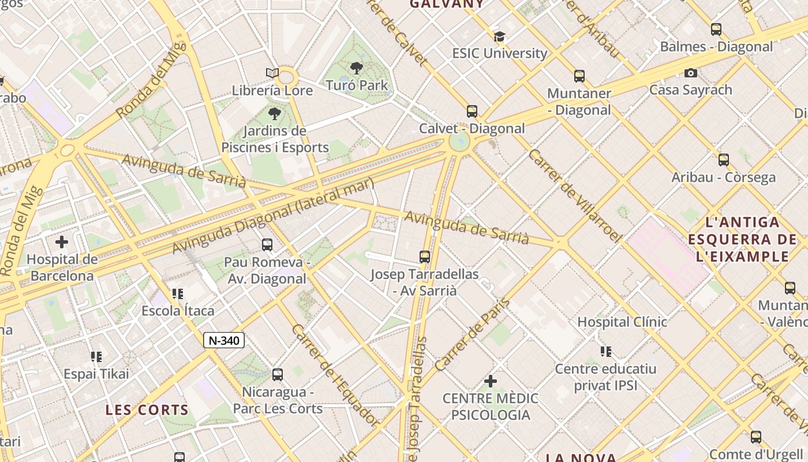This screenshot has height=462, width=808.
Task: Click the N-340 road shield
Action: [x=224, y=340]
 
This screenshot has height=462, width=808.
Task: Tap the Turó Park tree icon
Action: [x=357, y=68]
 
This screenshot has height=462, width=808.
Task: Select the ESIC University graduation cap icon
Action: [x=499, y=36]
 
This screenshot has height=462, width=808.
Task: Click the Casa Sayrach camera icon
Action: [x=690, y=73]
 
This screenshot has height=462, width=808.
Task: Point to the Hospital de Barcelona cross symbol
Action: [x=62, y=242]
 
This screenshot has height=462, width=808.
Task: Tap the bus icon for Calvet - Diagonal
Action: [x=472, y=111]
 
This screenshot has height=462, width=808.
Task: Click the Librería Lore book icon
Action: [x=272, y=73]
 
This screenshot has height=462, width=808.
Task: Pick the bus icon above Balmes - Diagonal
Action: [x=716, y=29]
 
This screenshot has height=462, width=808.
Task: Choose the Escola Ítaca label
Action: [x=178, y=311]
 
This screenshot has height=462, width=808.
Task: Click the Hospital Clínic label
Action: [x=622, y=322]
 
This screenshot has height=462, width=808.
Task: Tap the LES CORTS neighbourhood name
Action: [x=147, y=410]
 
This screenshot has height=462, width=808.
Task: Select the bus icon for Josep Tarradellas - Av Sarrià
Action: [x=425, y=257]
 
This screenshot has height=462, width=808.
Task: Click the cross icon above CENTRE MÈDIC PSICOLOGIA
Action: [x=491, y=381]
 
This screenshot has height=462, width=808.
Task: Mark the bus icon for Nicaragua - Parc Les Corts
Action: [x=278, y=375]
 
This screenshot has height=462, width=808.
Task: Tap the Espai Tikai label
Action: [x=96, y=374]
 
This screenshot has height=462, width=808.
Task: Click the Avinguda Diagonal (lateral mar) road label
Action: [x=274, y=215]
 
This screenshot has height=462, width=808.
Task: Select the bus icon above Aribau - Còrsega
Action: [x=724, y=160]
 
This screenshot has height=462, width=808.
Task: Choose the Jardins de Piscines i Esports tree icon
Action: [x=275, y=113]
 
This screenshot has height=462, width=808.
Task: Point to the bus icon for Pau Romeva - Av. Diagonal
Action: [x=267, y=245]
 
